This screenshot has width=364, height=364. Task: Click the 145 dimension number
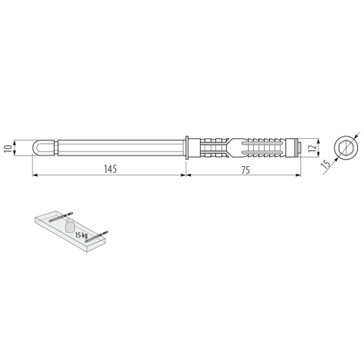point(110,170)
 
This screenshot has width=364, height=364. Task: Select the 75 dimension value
point(245,170)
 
